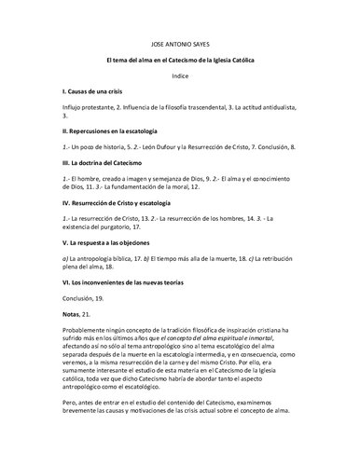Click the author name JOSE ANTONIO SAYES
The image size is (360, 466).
click(180, 46)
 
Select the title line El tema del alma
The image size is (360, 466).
click(180, 61)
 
